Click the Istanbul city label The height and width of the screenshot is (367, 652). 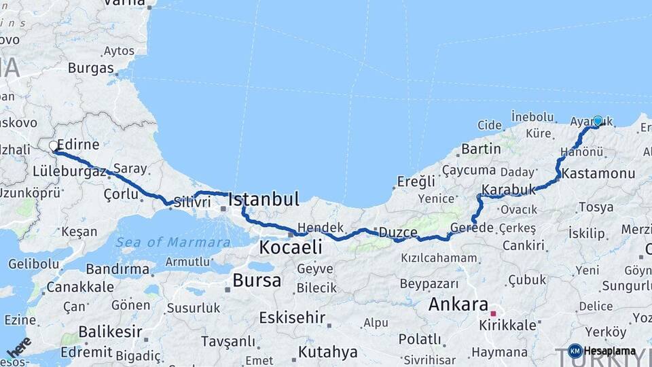point(264,199)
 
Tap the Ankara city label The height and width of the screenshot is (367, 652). point(458,304)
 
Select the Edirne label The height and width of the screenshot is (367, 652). point(79,145)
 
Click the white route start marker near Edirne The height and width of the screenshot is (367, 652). point(54,145)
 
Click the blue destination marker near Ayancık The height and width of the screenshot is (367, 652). point(598,121)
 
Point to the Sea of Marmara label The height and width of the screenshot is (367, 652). point(173,242)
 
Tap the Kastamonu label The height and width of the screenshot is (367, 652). point(598,173)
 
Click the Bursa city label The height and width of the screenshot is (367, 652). point(257,279)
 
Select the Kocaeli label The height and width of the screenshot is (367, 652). point(290,247)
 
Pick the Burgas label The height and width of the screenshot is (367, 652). point(90,68)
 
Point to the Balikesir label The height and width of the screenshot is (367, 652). point(111,332)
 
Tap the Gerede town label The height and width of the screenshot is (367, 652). point(471,228)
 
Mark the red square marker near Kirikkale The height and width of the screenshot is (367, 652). point(494,314)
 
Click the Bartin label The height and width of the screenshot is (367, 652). point(481,149)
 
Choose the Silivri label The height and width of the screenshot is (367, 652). point(188,203)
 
